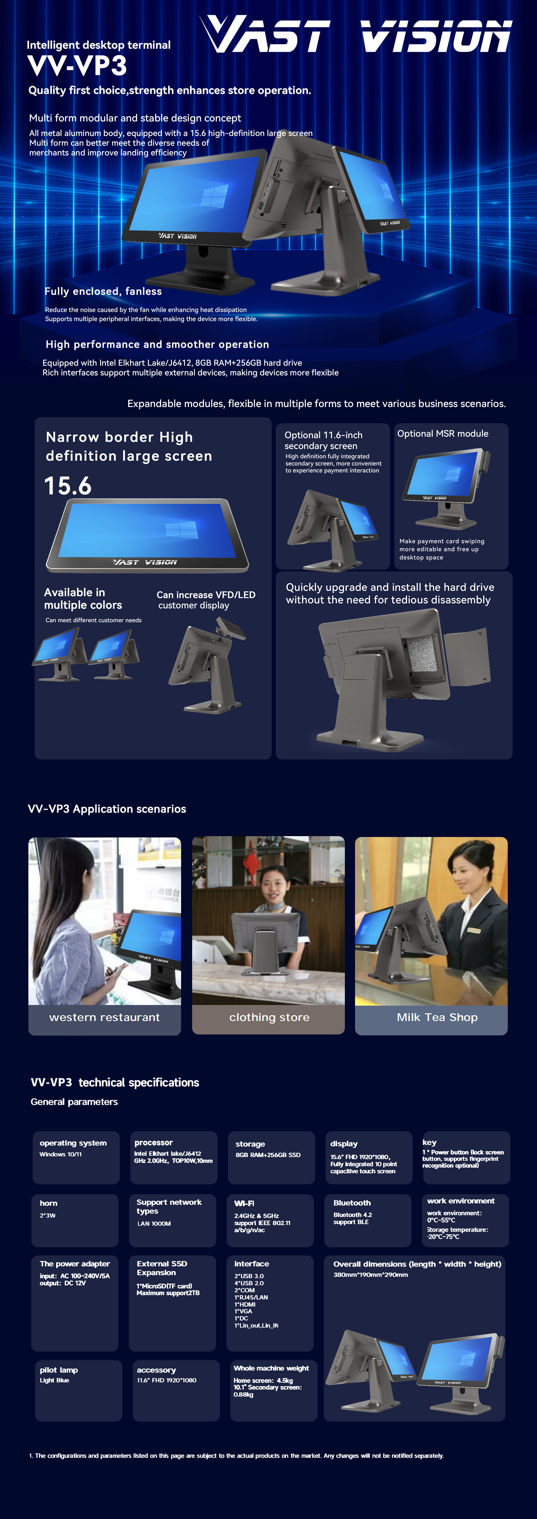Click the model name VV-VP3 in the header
(x=77, y=65)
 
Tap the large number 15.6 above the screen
(x=68, y=486)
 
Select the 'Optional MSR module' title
(x=443, y=433)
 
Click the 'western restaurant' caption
(x=104, y=1017)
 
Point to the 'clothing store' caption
(x=269, y=1017)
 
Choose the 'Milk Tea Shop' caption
(x=437, y=1017)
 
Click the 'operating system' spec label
(x=73, y=1143)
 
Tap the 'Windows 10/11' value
(x=61, y=1154)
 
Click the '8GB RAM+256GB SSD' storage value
(x=268, y=1155)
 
